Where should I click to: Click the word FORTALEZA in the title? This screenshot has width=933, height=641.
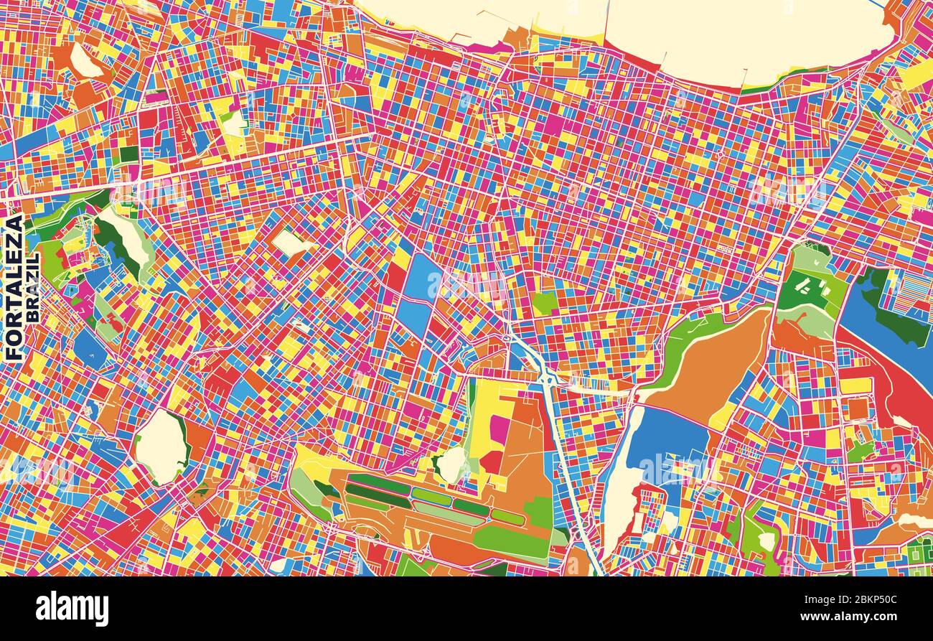[x=14, y=287]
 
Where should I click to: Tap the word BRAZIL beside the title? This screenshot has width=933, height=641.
[x=33, y=287]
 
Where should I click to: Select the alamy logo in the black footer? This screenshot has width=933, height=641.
[x=72, y=609]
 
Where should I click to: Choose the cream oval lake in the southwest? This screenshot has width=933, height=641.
[x=161, y=446]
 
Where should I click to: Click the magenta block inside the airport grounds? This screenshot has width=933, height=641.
[x=500, y=429]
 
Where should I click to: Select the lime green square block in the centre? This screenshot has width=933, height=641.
[x=545, y=303]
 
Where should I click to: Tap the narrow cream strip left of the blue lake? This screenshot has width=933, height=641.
[x=619, y=488]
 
